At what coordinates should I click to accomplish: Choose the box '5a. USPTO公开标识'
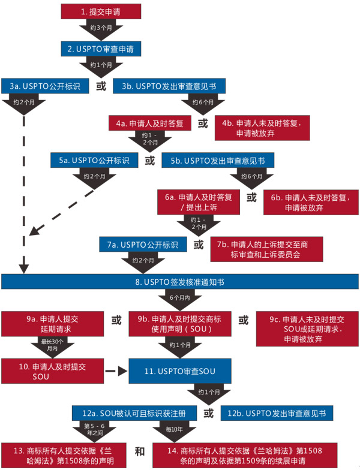tap(95, 161)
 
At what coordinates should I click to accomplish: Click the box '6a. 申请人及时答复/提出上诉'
tap(198, 202)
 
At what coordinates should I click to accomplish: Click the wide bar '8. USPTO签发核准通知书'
tap(180, 282)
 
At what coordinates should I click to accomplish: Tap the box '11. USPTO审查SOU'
tap(181, 372)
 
